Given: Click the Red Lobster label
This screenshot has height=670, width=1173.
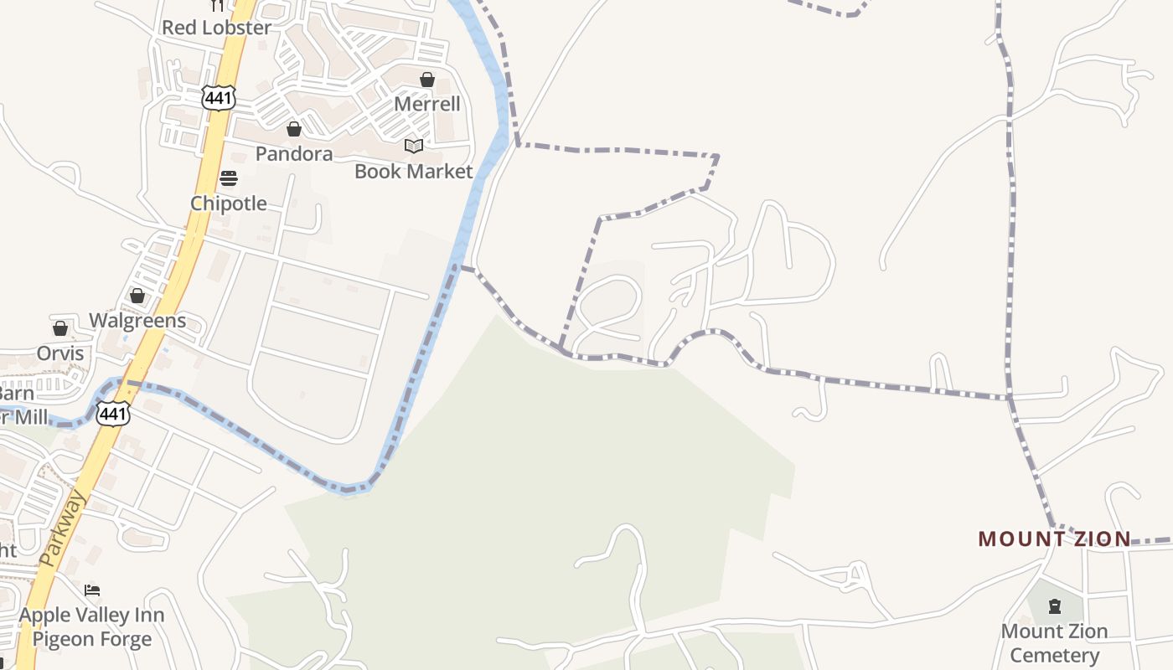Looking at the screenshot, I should [x=216, y=28].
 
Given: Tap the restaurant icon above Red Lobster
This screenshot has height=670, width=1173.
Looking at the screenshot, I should [x=217, y=5].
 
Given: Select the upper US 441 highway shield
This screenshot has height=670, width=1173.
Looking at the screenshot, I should [x=218, y=97].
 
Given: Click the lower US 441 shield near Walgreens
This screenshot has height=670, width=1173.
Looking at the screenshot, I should [x=112, y=413].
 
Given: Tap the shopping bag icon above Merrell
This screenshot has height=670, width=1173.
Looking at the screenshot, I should [x=427, y=80].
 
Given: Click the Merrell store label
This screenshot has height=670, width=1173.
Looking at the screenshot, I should [x=427, y=104].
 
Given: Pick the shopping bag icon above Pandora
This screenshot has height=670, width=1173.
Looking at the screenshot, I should [x=294, y=129].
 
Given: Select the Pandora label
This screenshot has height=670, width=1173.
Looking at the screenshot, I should [x=294, y=154].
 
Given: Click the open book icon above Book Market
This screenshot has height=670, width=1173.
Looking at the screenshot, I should [x=414, y=147].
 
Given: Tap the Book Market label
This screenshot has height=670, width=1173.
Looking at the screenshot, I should [x=414, y=172].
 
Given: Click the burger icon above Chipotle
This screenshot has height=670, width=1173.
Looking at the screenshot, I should [x=229, y=178].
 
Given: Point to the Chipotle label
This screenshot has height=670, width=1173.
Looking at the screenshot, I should [x=229, y=204].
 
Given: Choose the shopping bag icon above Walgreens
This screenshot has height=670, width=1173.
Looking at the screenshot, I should [x=137, y=296].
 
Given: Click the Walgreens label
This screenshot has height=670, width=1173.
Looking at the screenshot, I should [x=137, y=321].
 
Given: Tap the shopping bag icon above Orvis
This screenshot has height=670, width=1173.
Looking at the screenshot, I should [x=60, y=328].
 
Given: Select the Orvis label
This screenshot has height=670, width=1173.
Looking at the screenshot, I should [x=60, y=353].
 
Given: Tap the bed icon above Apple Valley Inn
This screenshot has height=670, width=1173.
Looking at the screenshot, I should [x=92, y=590].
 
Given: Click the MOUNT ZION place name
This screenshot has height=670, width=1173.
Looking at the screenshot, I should [x=1055, y=539].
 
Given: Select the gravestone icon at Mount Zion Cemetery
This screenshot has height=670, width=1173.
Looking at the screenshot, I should [x=1055, y=606].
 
